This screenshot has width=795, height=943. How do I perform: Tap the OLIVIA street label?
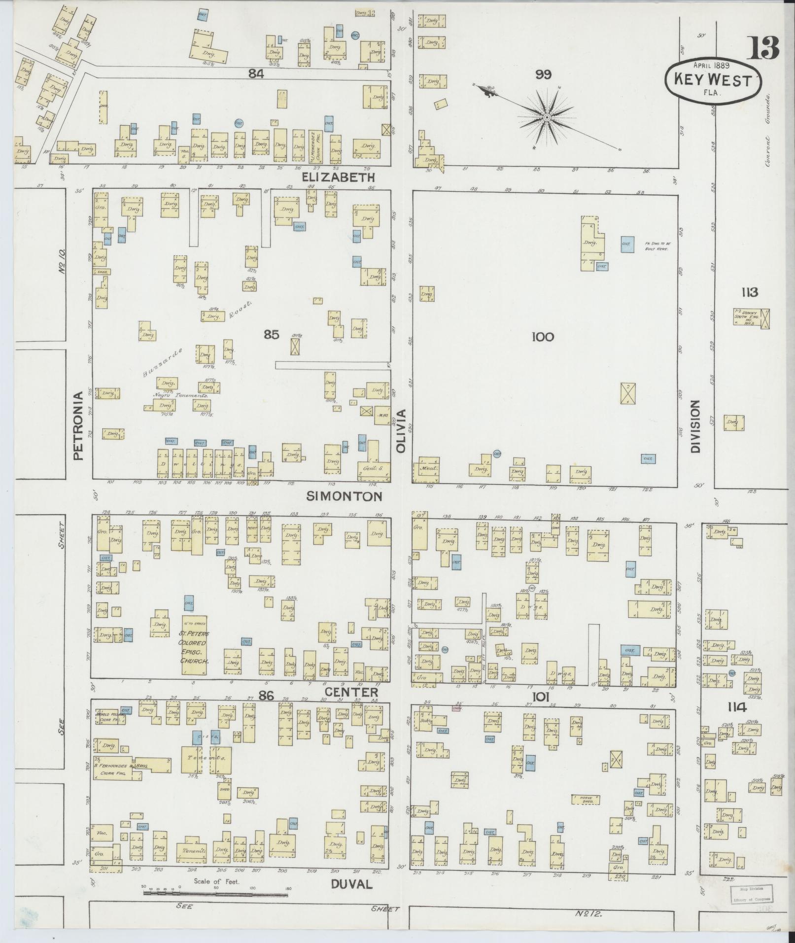pos(402,431)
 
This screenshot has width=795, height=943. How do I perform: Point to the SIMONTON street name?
pos(344,496)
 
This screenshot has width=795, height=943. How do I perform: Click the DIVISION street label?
pos(695,426)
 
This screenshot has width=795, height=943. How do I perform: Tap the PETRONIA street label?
pos(79,426)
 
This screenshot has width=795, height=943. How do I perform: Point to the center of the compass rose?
pos(547,117)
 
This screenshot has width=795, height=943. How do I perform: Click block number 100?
pos(543,337)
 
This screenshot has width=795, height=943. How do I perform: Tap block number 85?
pos(271,335)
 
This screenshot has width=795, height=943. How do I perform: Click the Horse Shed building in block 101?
pos(586,799)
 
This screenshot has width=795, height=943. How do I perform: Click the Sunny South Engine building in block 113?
pos(750,319)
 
